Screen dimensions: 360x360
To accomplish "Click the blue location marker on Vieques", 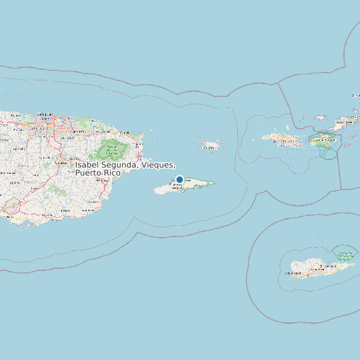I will pyautogui.click(x=179, y=179).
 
